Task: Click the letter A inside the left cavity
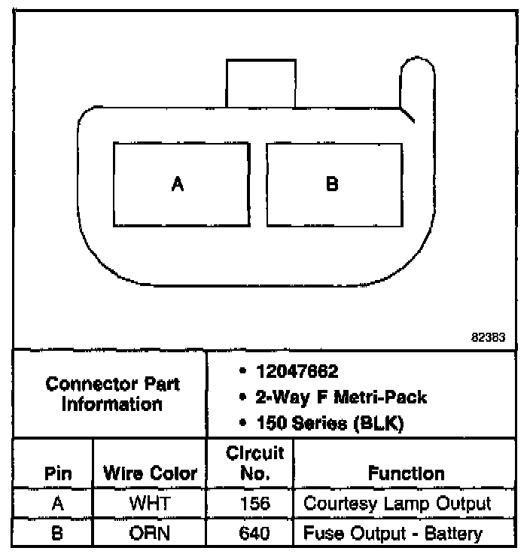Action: [x=178, y=184]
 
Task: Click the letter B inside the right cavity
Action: [x=332, y=184]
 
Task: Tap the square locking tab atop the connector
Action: [x=260, y=83]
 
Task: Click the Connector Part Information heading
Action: [x=112, y=394]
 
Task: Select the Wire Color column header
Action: [x=150, y=473]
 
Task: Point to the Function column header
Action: [x=406, y=473]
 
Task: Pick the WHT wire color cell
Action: [x=150, y=504]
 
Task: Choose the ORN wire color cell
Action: [x=150, y=534]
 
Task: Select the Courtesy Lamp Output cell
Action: [x=396, y=504]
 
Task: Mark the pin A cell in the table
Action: [x=57, y=504]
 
